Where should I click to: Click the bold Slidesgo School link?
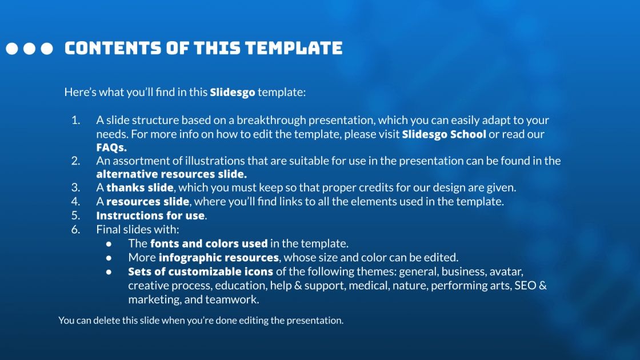(444, 134)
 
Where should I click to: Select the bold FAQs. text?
(111, 147)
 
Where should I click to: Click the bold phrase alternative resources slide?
(171, 174)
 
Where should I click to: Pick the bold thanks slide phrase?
(140, 187)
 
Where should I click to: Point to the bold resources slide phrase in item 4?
(147, 201)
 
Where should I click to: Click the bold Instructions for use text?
(150, 215)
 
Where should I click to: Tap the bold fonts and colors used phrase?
(209, 243)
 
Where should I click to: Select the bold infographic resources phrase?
(219, 257)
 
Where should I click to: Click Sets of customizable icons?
(201, 271)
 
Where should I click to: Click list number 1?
(75, 121)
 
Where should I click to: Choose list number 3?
(75, 187)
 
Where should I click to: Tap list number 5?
(75, 215)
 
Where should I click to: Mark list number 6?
(75, 230)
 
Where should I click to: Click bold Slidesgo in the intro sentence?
(233, 92)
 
